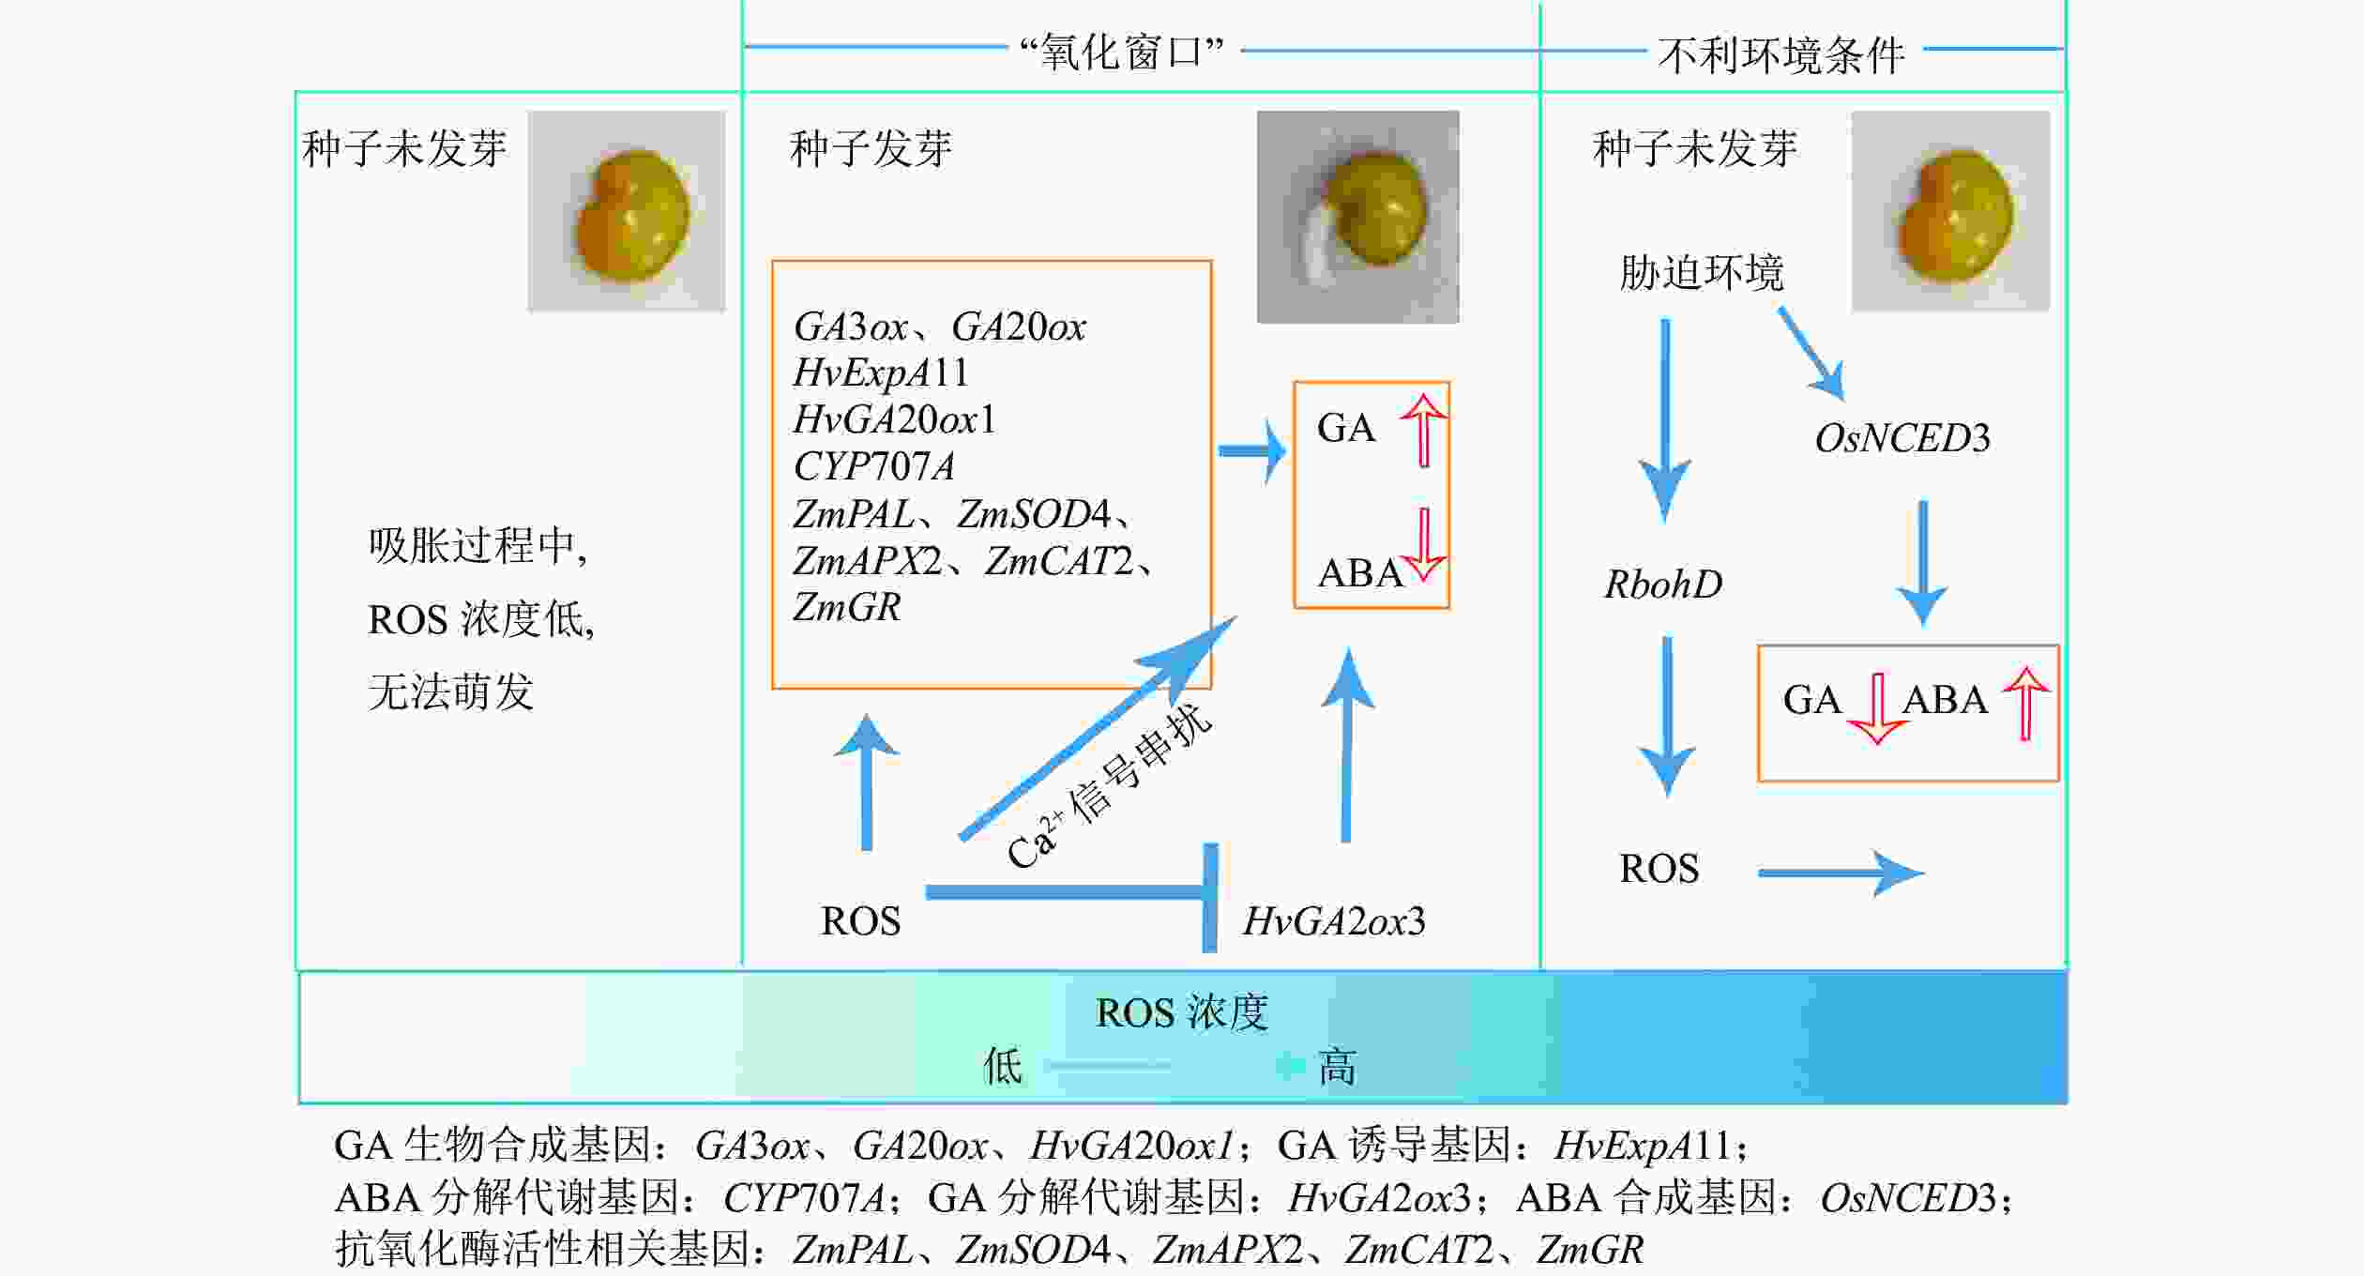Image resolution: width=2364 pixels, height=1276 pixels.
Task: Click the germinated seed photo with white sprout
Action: click(x=1357, y=217)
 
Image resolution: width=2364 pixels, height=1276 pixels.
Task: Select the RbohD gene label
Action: click(x=1663, y=585)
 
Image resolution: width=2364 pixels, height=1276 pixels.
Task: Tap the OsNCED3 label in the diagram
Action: click(x=1902, y=438)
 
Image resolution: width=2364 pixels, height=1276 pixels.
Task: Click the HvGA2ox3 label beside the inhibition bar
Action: click(x=1333, y=921)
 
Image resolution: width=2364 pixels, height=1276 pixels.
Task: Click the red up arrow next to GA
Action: click(x=1423, y=430)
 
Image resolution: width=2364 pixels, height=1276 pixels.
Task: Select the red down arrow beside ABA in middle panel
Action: click(x=1424, y=544)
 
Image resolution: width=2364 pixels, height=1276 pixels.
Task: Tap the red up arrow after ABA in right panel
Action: click(x=2025, y=703)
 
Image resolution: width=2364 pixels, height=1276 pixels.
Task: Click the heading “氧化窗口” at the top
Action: click(x=1122, y=52)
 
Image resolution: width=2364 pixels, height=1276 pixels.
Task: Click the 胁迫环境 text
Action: click(x=1701, y=273)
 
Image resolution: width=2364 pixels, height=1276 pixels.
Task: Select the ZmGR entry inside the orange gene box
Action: click(x=846, y=607)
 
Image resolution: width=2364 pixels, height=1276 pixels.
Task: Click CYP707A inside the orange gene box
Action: click(x=873, y=466)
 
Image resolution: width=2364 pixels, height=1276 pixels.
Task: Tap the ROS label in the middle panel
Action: click(x=860, y=921)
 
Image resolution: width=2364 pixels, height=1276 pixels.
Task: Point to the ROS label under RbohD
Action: click(x=1659, y=869)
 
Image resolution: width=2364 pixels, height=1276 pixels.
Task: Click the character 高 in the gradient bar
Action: click(x=1337, y=1067)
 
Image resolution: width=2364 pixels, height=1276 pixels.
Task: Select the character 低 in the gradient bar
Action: click(x=1002, y=1067)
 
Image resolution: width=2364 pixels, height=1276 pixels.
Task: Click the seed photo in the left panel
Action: click(x=627, y=211)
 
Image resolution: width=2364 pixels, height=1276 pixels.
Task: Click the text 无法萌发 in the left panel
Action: click(x=450, y=692)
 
